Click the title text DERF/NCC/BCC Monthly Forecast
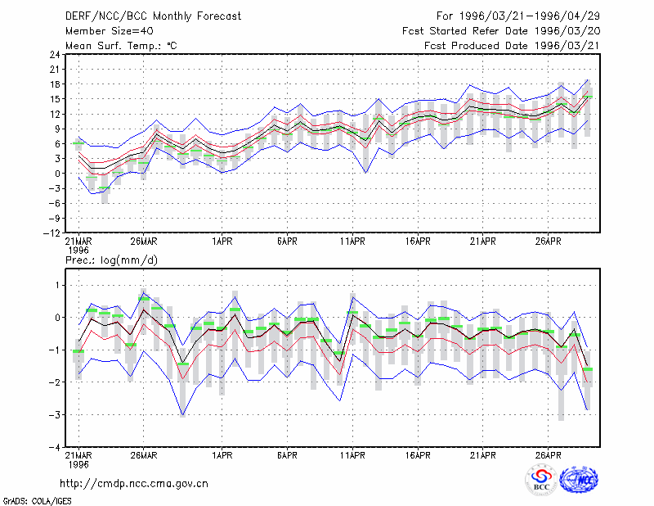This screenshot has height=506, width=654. pyautogui.click(x=153, y=16)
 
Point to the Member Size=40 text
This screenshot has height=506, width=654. pyautogui.click(x=110, y=31)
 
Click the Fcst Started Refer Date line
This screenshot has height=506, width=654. pyautogui.click(x=501, y=31)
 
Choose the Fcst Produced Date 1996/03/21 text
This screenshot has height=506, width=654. pyautogui.click(x=513, y=46)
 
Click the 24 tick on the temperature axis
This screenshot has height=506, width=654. pyautogui.click(x=55, y=54)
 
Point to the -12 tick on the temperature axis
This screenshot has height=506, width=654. pyautogui.click(x=52, y=233)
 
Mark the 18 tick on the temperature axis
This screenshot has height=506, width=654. pyautogui.click(x=55, y=84)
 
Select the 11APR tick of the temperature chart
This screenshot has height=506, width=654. pyautogui.click(x=352, y=242)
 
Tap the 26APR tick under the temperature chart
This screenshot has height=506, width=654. pyautogui.click(x=548, y=242)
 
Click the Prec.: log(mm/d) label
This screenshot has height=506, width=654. pyautogui.click(x=111, y=260)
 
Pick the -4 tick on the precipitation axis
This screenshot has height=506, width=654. pyautogui.click(x=55, y=447)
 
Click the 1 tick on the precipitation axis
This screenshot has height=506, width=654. pyautogui.click(x=57, y=286)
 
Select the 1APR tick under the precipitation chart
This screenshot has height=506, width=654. pyautogui.click(x=222, y=455)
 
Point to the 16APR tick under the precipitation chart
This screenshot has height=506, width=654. pyautogui.click(x=418, y=455)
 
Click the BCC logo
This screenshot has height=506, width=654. pyautogui.click(x=541, y=480)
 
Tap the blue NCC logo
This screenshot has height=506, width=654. pyautogui.click(x=579, y=480)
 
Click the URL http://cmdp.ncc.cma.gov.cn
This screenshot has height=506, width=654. pyautogui.click(x=134, y=484)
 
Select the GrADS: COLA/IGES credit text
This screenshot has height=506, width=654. pyautogui.click(x=37, y=501)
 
